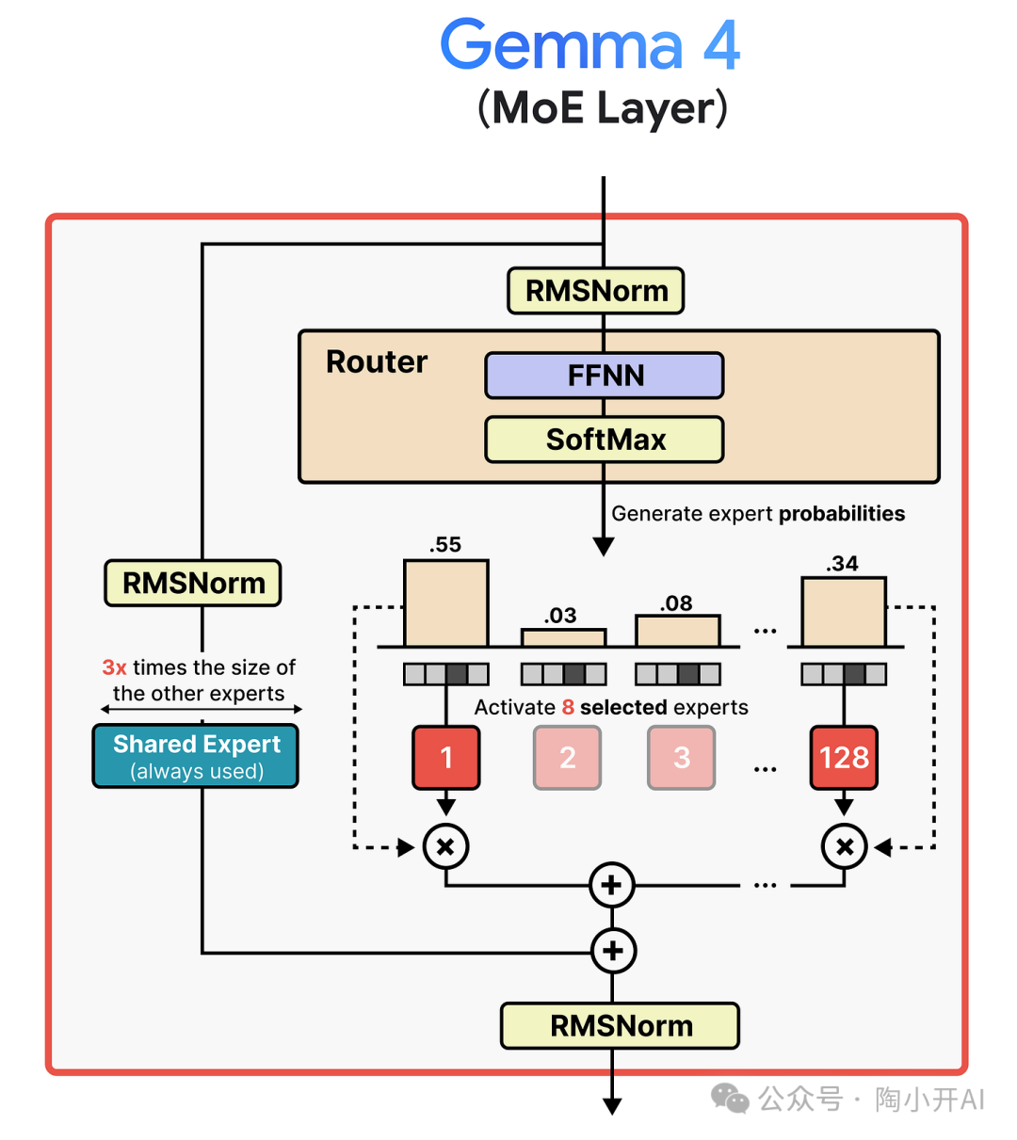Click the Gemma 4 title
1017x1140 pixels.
[590, 45]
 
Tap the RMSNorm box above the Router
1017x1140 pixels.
[596, 291]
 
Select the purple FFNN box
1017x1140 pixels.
[605, 376]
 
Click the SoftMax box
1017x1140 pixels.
[605, 440]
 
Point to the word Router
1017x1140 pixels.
[377, 361]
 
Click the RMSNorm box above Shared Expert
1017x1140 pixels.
[193, 583]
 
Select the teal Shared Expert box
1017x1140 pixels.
[196, 756]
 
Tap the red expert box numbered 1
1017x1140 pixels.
[446, 757]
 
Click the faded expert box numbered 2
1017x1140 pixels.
[567, 757]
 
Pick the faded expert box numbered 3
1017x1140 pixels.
[681, 757]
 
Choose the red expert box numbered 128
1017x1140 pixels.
[844, 757]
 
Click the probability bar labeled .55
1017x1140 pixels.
[446, 603]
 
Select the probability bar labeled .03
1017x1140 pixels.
[563, 637]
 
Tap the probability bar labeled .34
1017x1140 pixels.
[844, 612]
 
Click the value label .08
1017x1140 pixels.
[676, 603]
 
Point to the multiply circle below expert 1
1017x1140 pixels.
[446, 846]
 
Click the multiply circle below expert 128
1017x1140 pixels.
[844, 846]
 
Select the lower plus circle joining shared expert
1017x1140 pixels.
[613, 951]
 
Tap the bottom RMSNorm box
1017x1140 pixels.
[620, 1025]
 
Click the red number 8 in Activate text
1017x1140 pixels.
[568, 707]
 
